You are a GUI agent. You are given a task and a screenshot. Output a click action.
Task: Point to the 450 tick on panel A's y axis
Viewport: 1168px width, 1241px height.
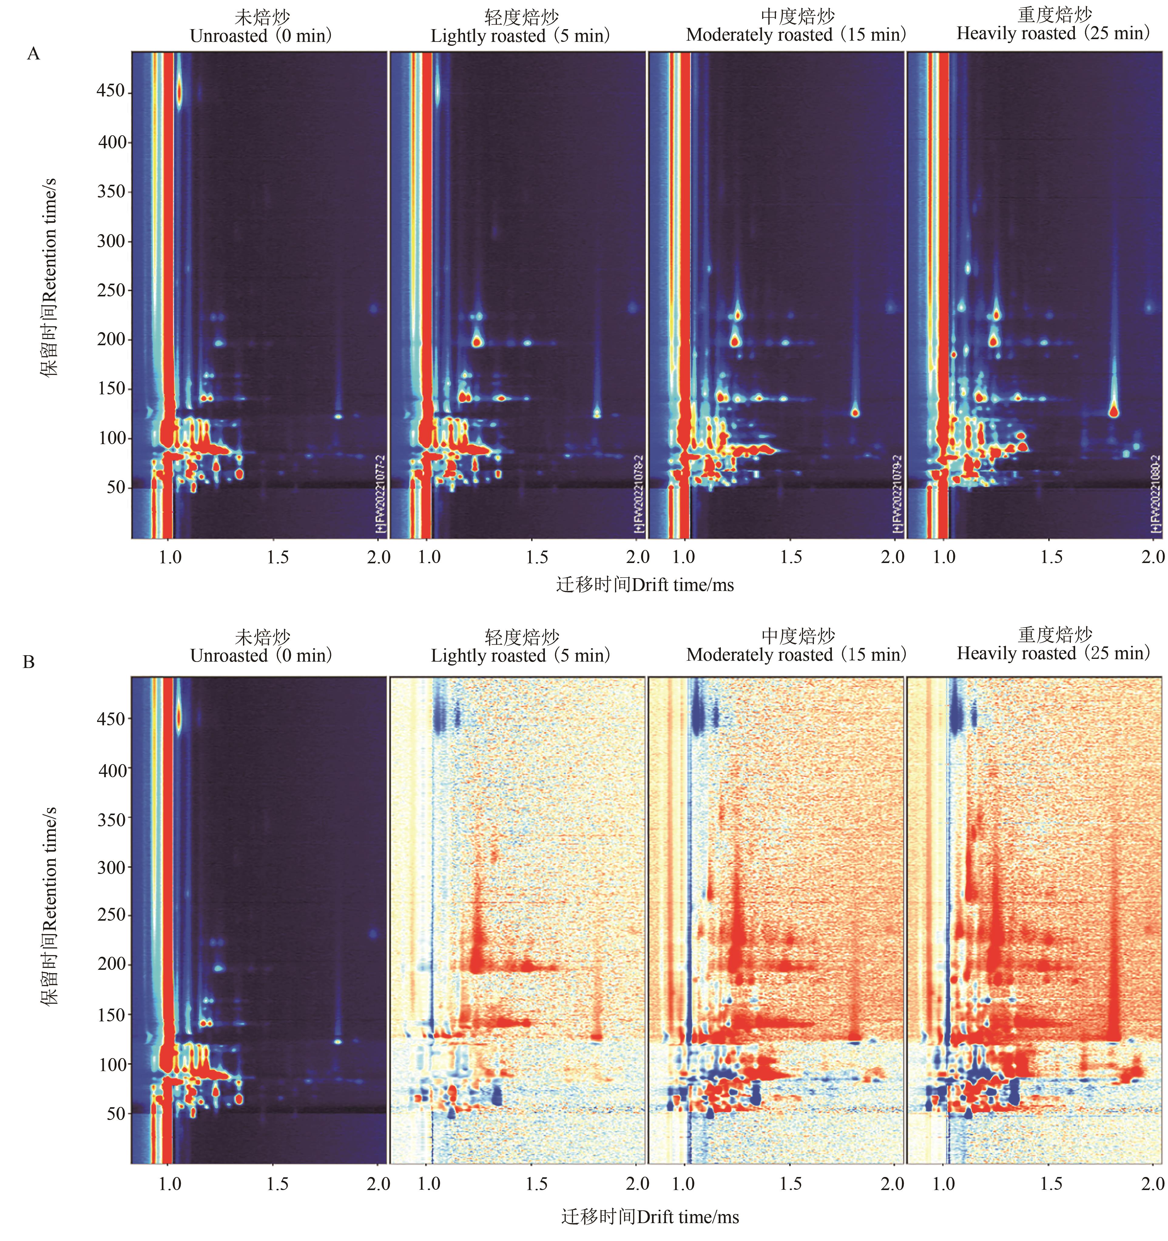111,92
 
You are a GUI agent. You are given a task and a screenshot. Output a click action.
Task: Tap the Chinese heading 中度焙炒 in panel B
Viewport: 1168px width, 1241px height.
798,636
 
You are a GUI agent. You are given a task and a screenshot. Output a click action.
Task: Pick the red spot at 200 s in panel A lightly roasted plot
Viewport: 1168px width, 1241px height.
478,342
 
